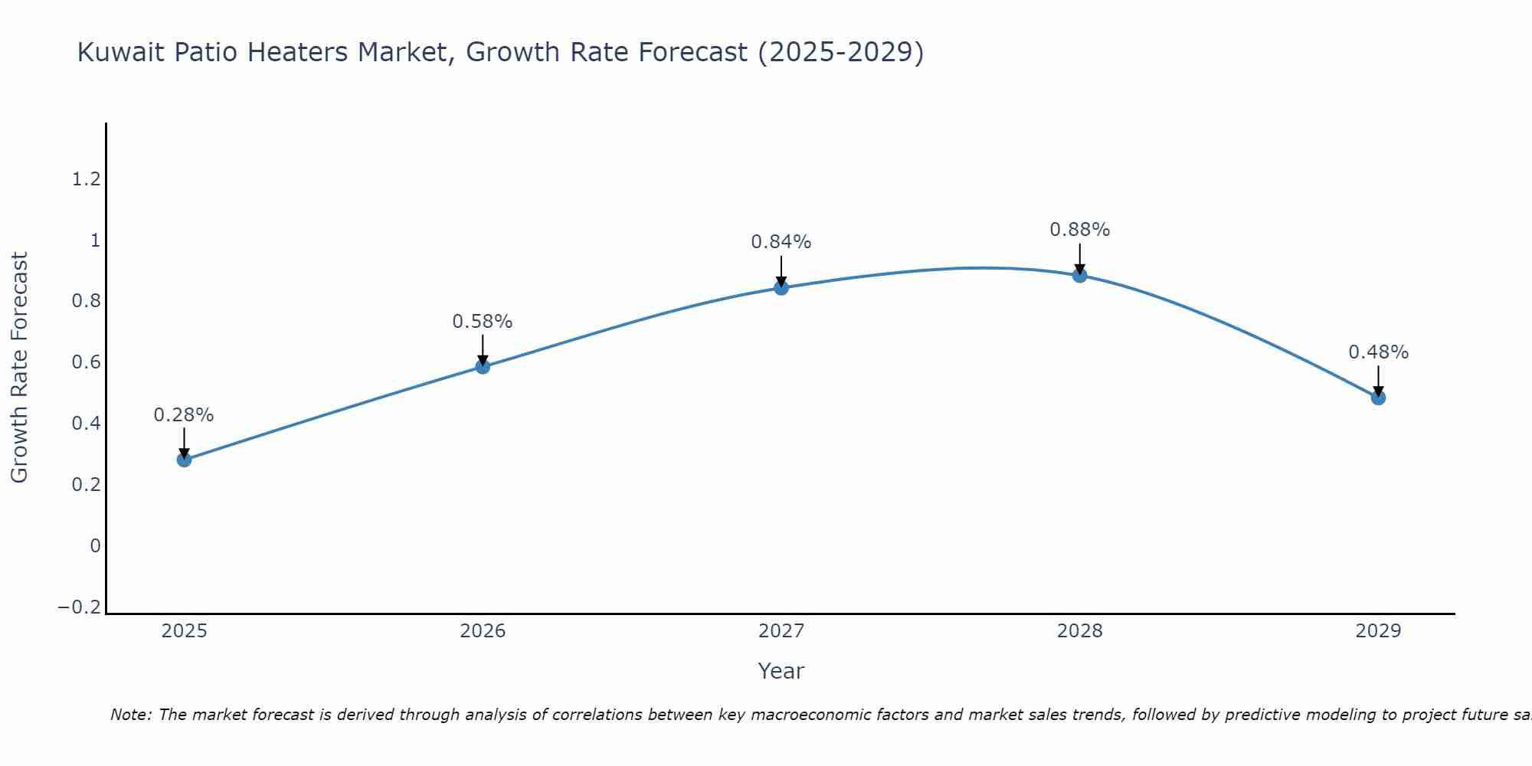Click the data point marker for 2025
coord(184,460)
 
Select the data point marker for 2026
coord(483,367)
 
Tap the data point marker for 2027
coord(781,288)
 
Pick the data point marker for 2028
coord(1079,275)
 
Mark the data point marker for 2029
coord(1378,398)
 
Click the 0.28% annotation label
coord(184,415)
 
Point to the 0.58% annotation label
coord(483,322)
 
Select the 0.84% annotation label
coord(781,242)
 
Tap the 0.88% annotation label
coord(1079,230)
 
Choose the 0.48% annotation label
coord(1378,352)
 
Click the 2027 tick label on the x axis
coord(781,631)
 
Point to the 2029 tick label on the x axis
coord(1378,631)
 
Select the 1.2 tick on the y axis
coord(86,179)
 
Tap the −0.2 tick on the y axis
coord(79,607)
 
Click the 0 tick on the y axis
coord(95,546)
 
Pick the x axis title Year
coord(781,671)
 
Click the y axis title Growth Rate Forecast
coord(19,368)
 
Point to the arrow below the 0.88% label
coord(1079,259)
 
